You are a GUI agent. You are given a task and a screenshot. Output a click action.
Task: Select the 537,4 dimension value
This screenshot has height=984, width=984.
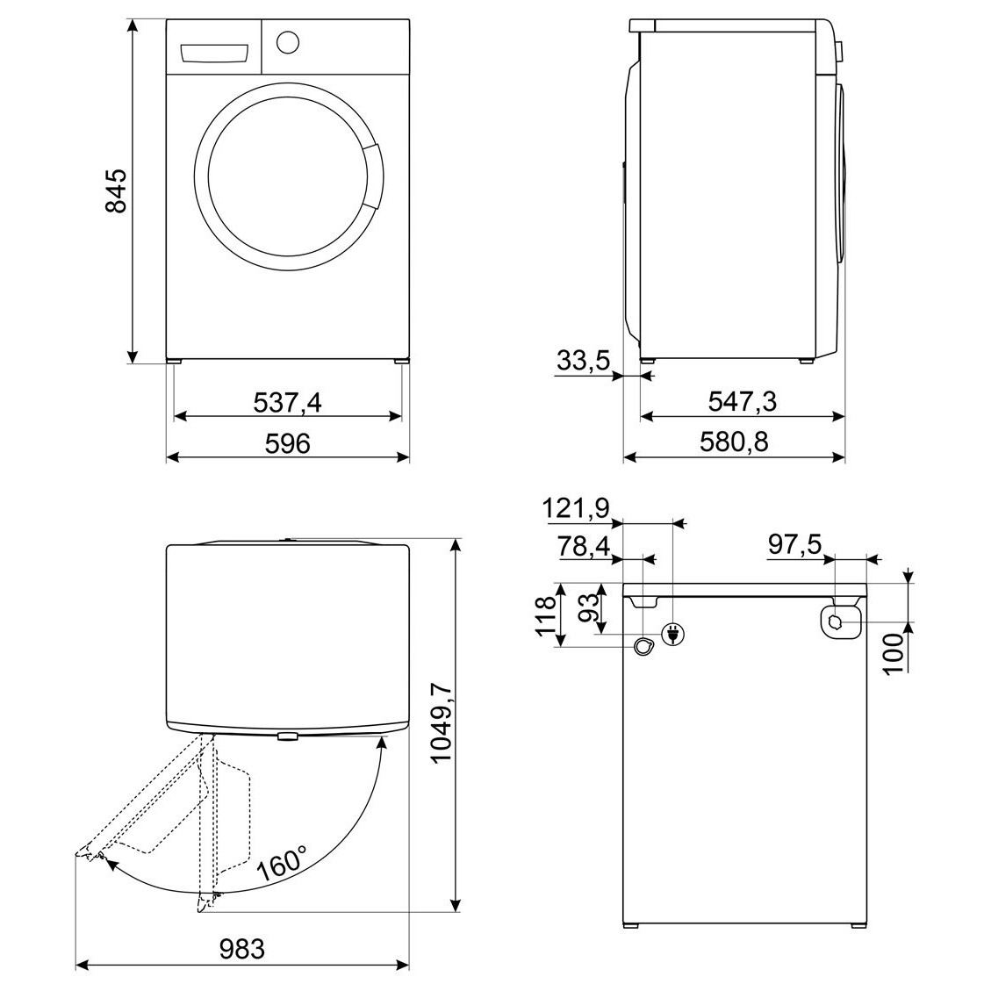click(287, 403)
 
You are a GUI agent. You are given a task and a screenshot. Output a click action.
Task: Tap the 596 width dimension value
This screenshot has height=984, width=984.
click(287, 443)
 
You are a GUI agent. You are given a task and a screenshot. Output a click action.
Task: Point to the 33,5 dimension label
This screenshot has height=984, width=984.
click(583, 361)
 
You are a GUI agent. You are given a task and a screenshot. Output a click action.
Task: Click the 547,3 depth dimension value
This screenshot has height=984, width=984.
click(743, 402)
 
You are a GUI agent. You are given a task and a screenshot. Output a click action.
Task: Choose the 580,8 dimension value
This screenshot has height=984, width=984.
click(734, 442)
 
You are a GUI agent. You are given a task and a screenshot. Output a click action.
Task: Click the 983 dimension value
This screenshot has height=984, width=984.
click(242, 949)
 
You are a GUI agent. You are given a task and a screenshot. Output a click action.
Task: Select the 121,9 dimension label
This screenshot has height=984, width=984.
click(576, 508)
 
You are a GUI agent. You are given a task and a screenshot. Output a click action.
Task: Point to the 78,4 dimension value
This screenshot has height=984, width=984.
click(584, 547)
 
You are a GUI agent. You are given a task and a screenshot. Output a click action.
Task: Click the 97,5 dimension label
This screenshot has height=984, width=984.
click(794, 545)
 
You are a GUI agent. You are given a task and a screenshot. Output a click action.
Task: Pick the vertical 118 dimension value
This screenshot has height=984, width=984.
click(545, 615)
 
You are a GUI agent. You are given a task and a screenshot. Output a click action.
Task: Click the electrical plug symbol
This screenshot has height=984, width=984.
click(673, 634)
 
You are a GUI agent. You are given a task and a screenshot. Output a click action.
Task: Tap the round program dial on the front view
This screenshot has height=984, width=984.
click(287, 42)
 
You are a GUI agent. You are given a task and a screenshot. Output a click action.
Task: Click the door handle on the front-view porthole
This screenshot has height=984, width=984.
click(371, 176)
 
